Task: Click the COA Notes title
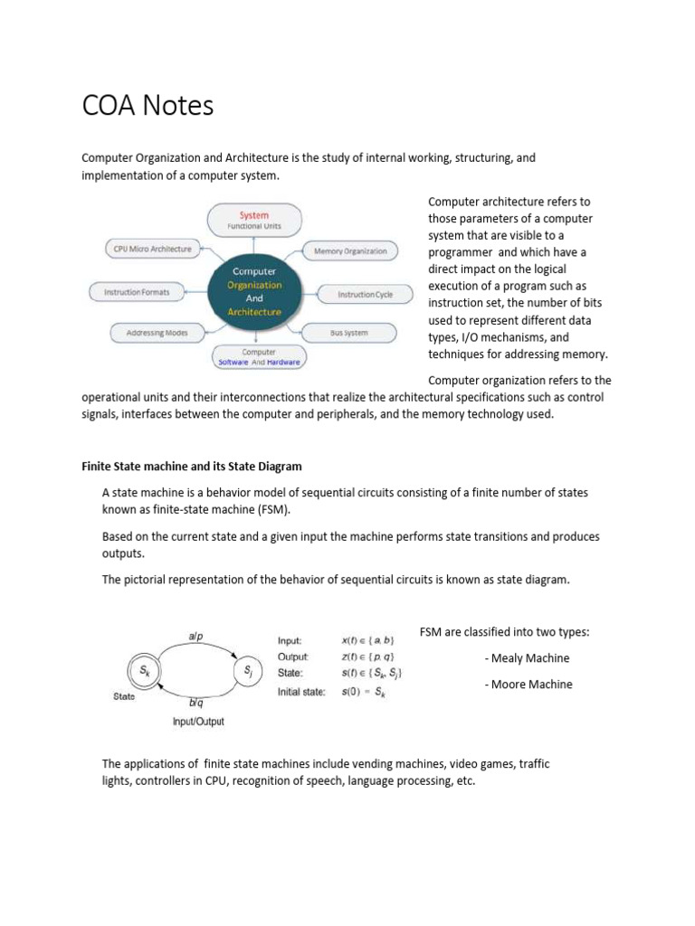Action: coord(148,107)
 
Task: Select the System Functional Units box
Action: coord(254,220)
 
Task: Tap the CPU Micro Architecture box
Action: coord(149,249)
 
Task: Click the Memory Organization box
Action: coord(350,250)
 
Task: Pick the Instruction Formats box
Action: coord(137,291)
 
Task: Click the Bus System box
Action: coord(348,333)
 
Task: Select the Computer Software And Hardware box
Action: coord(259,357)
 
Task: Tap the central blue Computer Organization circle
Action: coord(254,291)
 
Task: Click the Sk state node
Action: coord(145,670)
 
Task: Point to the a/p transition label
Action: coord(195,637)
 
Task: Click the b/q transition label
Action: coord(195,702)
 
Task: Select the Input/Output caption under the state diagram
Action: coord(198,722)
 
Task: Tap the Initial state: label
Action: coord(301,693)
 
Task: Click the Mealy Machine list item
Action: coord(528,658)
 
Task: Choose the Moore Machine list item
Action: coord(528,685)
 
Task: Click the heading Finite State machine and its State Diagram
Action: coord(192,467)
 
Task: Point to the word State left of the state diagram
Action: coord(124,696)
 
